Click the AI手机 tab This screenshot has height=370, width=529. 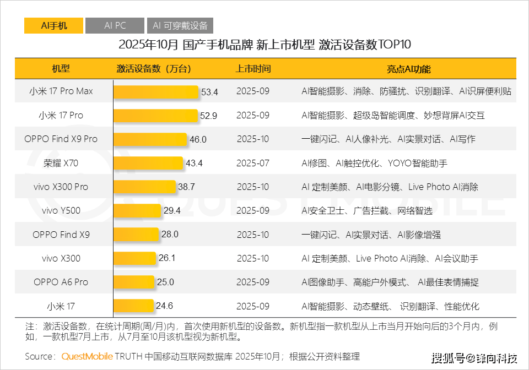(53, 25)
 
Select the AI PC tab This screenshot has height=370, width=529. (115, 25)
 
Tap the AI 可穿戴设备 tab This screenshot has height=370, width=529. (180, 25)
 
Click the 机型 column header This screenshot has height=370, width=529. (61, 69)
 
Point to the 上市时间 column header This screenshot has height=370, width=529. (253, 69)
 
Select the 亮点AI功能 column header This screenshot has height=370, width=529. (408, 69)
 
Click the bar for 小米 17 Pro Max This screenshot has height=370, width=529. (156, 91)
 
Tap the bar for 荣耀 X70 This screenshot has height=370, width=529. (148, 163)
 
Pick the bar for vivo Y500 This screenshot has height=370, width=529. (137, 211)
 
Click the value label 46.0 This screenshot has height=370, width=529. (198, 139)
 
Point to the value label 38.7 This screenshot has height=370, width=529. (186, 187)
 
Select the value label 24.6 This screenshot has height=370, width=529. (164, 307)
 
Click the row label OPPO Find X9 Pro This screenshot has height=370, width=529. (61, 139)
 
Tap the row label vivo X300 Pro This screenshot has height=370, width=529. (61, 187)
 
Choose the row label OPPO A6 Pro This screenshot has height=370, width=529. (61, 282)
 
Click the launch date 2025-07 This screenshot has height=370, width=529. (253, 163)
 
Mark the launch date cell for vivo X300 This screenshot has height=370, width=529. (253, 259)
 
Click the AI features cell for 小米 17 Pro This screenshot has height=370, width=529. (393, 116)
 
